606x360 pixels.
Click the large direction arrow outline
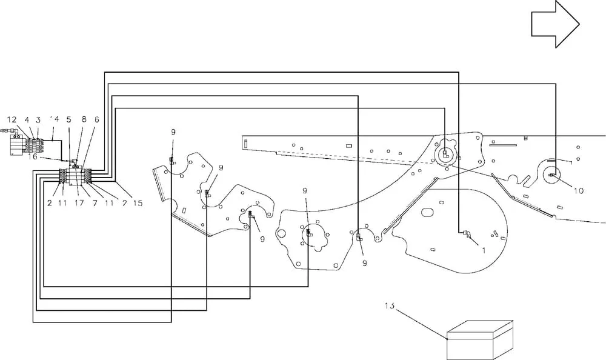click(555, 24)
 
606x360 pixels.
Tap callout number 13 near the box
click(390, 305)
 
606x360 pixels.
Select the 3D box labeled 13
click(480, 340)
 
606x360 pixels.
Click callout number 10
click(579, 191)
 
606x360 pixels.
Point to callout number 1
click(484, 250)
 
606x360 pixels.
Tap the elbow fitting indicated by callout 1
click(465, 233)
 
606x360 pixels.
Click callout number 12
click(12, 120)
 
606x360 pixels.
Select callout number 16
click(33, 157)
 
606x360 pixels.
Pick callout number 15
click(138, 202)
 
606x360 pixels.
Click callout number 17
click(79, 202)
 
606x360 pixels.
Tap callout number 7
click(95, 202)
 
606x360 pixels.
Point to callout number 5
click(69, 119)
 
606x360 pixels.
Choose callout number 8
click(84, 119)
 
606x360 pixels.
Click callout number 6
click(96, 119)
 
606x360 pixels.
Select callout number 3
click(38, 120)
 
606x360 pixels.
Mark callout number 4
click(27, 120)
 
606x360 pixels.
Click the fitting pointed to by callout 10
click(552, 176)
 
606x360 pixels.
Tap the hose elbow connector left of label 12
click(11, 132)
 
